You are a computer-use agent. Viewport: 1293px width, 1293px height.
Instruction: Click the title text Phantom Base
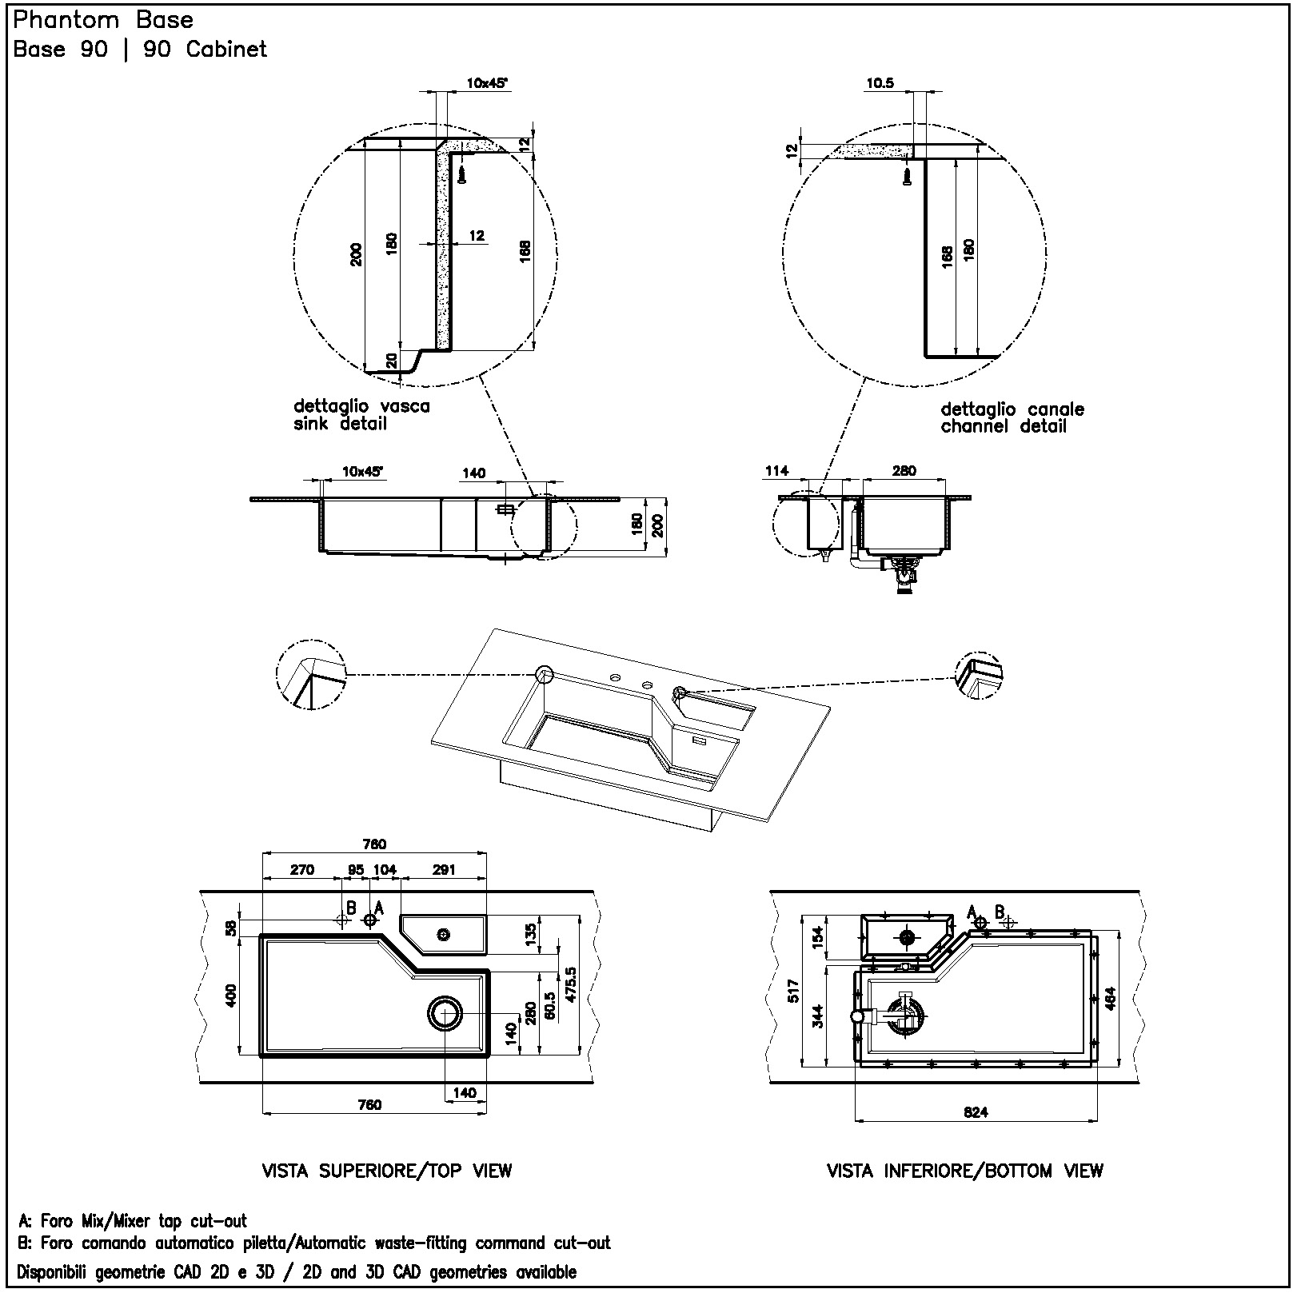point(103,20)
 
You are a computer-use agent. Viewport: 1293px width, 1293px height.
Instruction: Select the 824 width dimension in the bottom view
point(976,1112)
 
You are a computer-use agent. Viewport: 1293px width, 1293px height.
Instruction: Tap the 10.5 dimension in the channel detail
point(880,83)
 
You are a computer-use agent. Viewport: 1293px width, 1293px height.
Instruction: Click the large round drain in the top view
point(445,1013)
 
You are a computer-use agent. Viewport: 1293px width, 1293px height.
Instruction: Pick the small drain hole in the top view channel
point(444,934)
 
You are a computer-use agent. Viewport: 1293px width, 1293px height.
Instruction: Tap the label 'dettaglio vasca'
point(361,406)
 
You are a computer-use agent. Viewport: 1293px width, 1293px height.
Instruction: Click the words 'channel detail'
point(1004,426)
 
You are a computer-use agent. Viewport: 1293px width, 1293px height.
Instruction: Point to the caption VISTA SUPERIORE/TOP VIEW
point(387,1171)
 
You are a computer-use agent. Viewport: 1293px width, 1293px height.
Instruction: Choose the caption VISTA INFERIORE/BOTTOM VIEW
point(965,1171)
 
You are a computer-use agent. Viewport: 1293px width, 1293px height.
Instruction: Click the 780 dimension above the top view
point(374,844)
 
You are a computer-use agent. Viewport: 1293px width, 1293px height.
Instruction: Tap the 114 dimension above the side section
point(776,471)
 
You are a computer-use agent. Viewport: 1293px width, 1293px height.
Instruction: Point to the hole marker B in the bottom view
point(1008,921)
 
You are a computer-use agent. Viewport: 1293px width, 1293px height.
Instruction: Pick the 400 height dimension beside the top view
point(231,996)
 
